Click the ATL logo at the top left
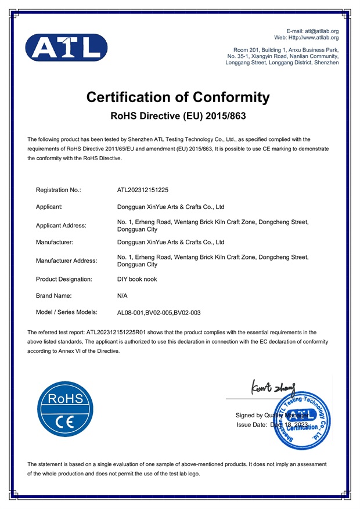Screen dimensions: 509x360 [66, 48]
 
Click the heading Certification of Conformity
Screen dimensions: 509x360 [178, 97]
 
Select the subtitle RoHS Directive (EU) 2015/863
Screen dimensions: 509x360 [178, 116]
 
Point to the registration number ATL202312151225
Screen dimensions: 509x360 [143, 190]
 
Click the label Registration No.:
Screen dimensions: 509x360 [59, 190]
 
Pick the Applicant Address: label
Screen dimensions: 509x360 [61, 225]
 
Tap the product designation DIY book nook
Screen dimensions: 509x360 [137, 279]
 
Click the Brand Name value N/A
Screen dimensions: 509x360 [123, 295]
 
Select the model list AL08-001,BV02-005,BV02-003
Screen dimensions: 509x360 [159, 312]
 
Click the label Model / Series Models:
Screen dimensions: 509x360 [66, 312]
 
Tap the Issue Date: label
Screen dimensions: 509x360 [253, 425]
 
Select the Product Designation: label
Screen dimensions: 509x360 [64, 279]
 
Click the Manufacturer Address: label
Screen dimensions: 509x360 [67, 261]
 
